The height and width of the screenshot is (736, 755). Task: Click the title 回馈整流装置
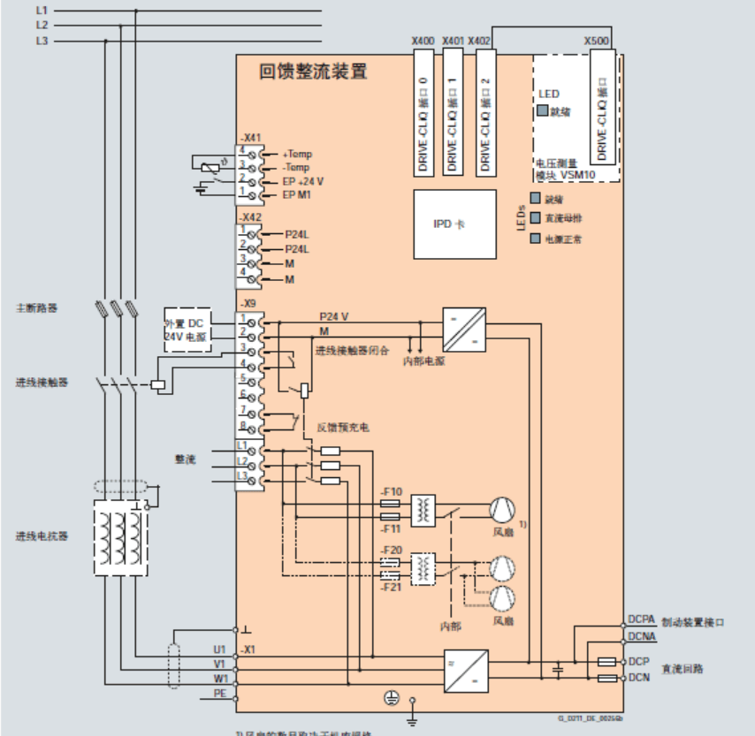pos(313,72)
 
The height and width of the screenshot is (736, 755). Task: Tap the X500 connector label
pos(597,42)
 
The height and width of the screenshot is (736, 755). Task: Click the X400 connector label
pos(423,42)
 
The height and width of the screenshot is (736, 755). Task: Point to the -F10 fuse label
pos(391,491)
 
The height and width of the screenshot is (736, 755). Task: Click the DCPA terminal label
pos(641,620)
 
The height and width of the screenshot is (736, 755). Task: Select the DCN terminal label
pos(638,678)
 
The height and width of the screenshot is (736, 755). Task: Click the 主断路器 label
pos(36,308)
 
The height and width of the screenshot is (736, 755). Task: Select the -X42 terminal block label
pos(251,216)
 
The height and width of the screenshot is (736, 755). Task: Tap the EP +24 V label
pos(303,181)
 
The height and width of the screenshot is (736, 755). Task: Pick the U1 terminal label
pos(220,649)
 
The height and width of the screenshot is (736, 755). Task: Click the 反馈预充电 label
pos(342,428)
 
